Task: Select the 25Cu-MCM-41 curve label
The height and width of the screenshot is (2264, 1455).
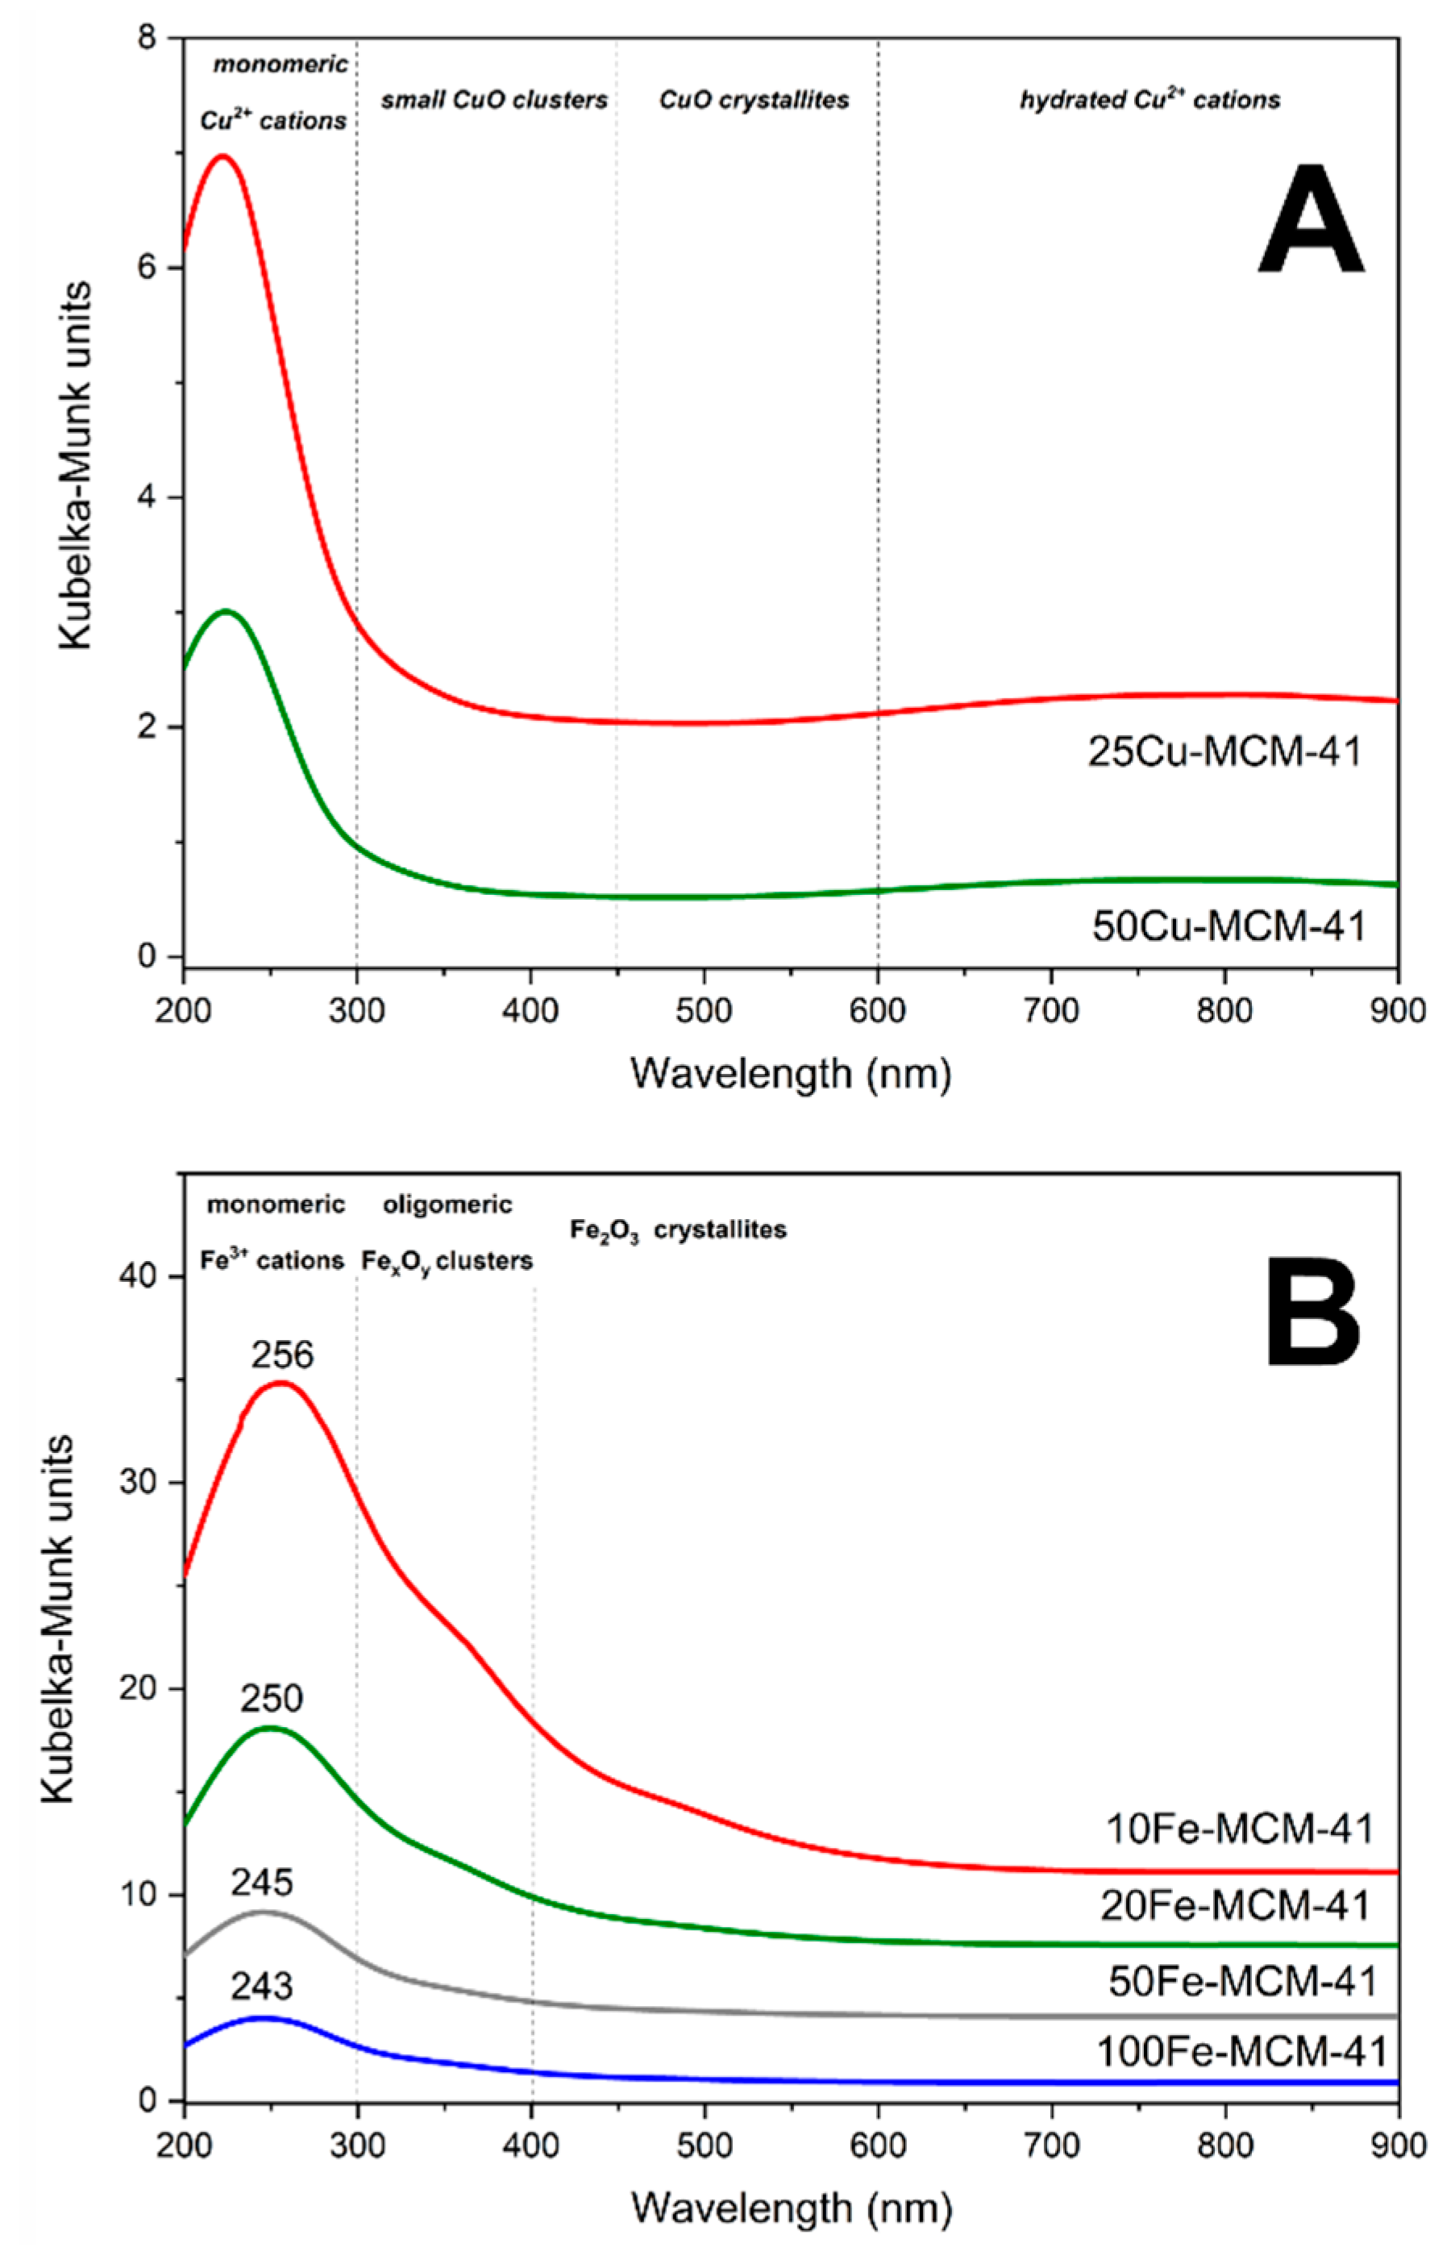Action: pyautogui.click(x=1224, y=752)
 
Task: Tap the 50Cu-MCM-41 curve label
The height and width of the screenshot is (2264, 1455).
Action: pyautogui.click(x=1228, y=926)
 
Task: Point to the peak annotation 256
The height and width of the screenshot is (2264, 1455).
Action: pyautogui.click(x=281, y=1355)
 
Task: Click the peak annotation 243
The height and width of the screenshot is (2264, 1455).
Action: pyautogui.click(x=262, y=1986)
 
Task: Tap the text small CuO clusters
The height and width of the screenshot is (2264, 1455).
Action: pyautogui.click(x=494, y=100)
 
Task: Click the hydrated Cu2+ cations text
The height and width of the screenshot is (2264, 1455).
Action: pyautogui.click(x=1149, y=99)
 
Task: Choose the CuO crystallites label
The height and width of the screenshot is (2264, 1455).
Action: pyautogui.click(x=753, y=100)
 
